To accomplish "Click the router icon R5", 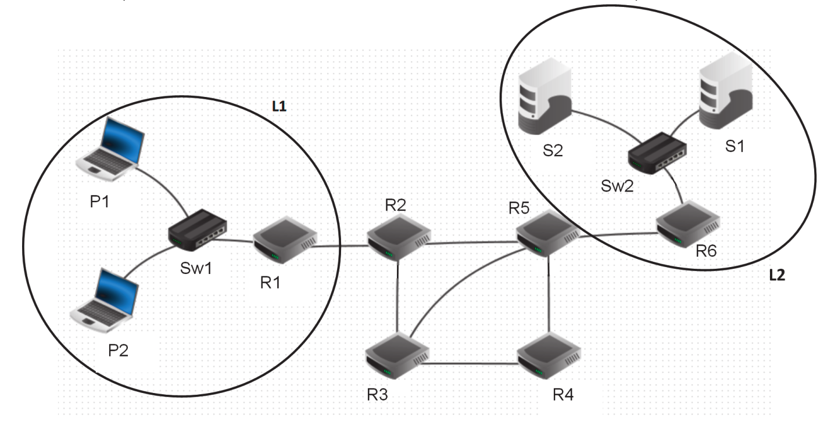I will pos(548,232).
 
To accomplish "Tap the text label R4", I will pos(563,395).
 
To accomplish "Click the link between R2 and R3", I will pos(397,296).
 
